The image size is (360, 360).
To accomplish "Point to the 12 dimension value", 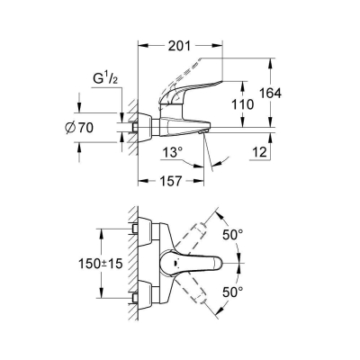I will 257,155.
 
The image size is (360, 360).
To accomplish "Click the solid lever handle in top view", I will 193,266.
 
